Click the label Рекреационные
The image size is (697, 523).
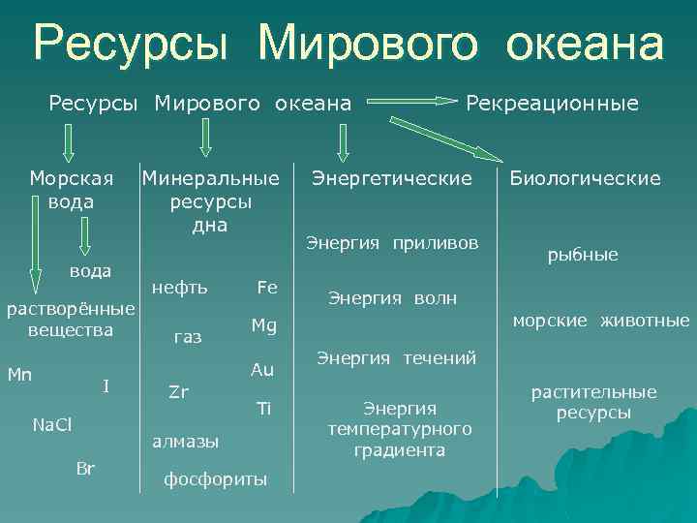coord(553,103)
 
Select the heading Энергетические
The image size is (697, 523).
coord(391,178)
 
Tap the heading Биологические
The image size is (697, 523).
coord(586,178)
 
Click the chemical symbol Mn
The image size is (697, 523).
coord(19,372)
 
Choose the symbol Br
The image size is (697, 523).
coord(85,469)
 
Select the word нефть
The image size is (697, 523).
coord(179,288)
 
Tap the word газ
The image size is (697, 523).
coord(188,337)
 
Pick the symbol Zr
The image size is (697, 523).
coord(178,391)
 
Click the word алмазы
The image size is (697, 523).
coord(186,441)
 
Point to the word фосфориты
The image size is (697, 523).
coord(215,479)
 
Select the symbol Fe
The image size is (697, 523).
coord(266,288)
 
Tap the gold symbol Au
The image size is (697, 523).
coord(262,370)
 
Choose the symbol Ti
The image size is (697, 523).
coord(263,408)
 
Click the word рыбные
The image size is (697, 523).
coord(583,255)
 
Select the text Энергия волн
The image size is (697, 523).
coord(392,297)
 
